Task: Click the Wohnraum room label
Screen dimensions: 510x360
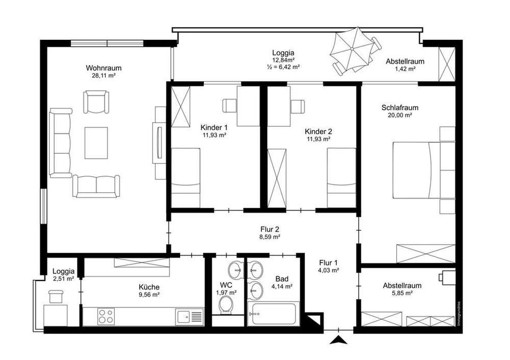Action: tap(104, 68)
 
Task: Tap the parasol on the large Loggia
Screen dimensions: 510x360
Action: tap(352, 49)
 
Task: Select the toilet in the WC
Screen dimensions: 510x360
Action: tap(226, 306)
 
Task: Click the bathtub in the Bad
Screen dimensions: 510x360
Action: tap(273, 313)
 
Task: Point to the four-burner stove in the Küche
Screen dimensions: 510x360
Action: tap(106, 316)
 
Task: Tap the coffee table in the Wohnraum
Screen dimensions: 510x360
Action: tap(96, 143)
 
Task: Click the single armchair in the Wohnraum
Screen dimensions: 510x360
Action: tap(96, 102)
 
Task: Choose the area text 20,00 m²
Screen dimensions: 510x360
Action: tap(399, 115)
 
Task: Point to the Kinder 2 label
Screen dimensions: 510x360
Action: tap(318, 131)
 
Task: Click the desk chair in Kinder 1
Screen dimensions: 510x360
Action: tap(229, 106)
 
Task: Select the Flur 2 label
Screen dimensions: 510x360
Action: tap(270, 229)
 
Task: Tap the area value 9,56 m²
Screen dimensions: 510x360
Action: tap(149, 295)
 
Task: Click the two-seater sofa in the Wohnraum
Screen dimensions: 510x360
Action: tap(96, 186)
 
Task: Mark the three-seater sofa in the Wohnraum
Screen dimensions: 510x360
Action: tap(61, 143)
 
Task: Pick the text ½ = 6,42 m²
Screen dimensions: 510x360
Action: tap(283, 67)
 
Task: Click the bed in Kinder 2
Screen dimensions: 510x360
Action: tap(341, 177)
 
